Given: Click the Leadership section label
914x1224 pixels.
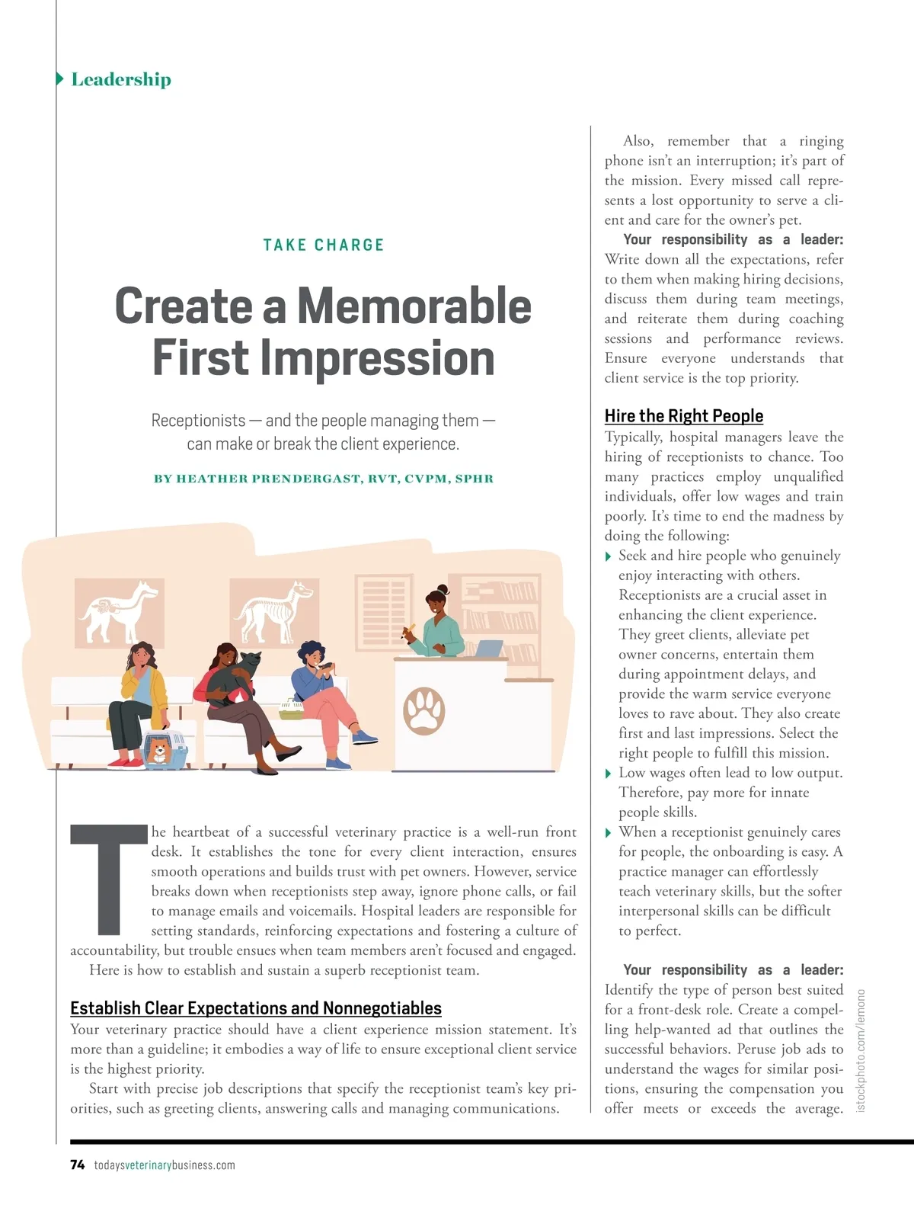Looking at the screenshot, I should pos(120,79).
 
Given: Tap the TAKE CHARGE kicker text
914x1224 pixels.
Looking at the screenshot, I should pos(324,245).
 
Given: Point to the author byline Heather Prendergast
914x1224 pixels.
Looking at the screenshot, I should pos(324,479).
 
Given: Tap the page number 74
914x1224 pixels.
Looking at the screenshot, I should pos(77,1165).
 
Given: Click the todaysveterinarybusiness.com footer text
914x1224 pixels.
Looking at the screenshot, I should pos(165,1165).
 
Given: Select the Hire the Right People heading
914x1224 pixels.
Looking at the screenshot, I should pos(683,415).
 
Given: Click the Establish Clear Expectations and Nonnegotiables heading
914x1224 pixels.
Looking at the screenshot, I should pos(255,1008).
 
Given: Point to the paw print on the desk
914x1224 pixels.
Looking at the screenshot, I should pos(424,710).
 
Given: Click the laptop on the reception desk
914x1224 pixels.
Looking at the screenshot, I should pos(488,649).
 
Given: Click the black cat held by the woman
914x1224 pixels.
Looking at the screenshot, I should pos(238,671).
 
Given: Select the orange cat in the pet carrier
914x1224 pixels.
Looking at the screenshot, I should pos(159,750).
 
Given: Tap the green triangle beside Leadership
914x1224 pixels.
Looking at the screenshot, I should pos(60,79).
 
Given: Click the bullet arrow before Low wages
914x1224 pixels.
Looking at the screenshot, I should pos(608,774).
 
